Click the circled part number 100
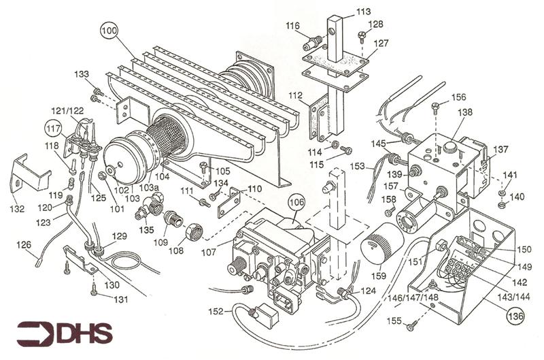coord(109,31)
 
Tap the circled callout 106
coord(296,202)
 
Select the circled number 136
coord(515,316)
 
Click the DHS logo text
coord(85,333)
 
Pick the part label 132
coord(17,209)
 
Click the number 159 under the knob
coord(379,276)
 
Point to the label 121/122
coord(67,110)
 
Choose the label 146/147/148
coord(413,297)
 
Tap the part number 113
coord(363,12)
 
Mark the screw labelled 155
coord(413,325)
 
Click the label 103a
coord(149,188)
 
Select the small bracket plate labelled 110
coord(229,202)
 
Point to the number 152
coord(216,312)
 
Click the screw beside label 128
coord(361,36)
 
